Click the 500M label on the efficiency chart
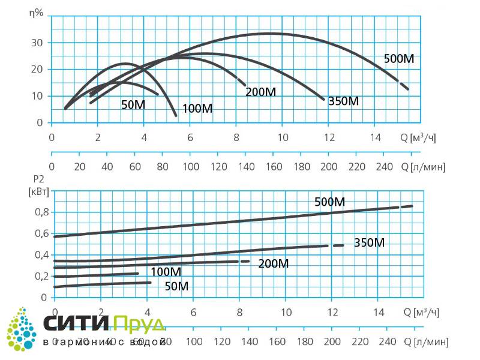[399, 59]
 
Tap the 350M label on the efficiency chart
[344, 101]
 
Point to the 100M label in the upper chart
[197, 109]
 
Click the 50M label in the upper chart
[133, 104]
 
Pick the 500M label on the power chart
[330, 202]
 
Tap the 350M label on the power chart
[369, 242]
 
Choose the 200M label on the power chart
[274, 263]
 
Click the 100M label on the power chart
[166, 272]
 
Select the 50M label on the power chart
[176, 286]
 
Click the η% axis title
[37, 13]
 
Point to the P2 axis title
[37, 179]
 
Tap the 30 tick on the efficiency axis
[37, 43]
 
